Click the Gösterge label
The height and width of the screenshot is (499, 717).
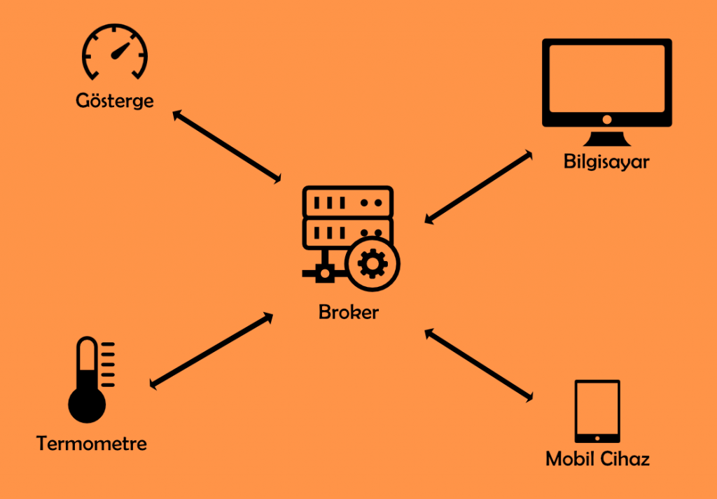(115, 101)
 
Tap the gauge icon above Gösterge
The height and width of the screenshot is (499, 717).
(116, 53)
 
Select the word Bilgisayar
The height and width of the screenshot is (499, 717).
(606, 162)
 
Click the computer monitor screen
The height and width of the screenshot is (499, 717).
(607, 78)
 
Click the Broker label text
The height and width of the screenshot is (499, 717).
(348, 312)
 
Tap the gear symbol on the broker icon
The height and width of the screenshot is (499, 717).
(372, 264)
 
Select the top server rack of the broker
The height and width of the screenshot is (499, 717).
(348, 202)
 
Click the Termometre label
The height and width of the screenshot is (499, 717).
(92, 444)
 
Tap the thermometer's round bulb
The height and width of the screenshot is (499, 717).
(87, 404)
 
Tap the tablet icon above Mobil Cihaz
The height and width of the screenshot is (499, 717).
(597, 411)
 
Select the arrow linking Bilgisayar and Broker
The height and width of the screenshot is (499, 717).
(478, 188)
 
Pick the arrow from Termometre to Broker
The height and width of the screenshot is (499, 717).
(211, 350)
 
